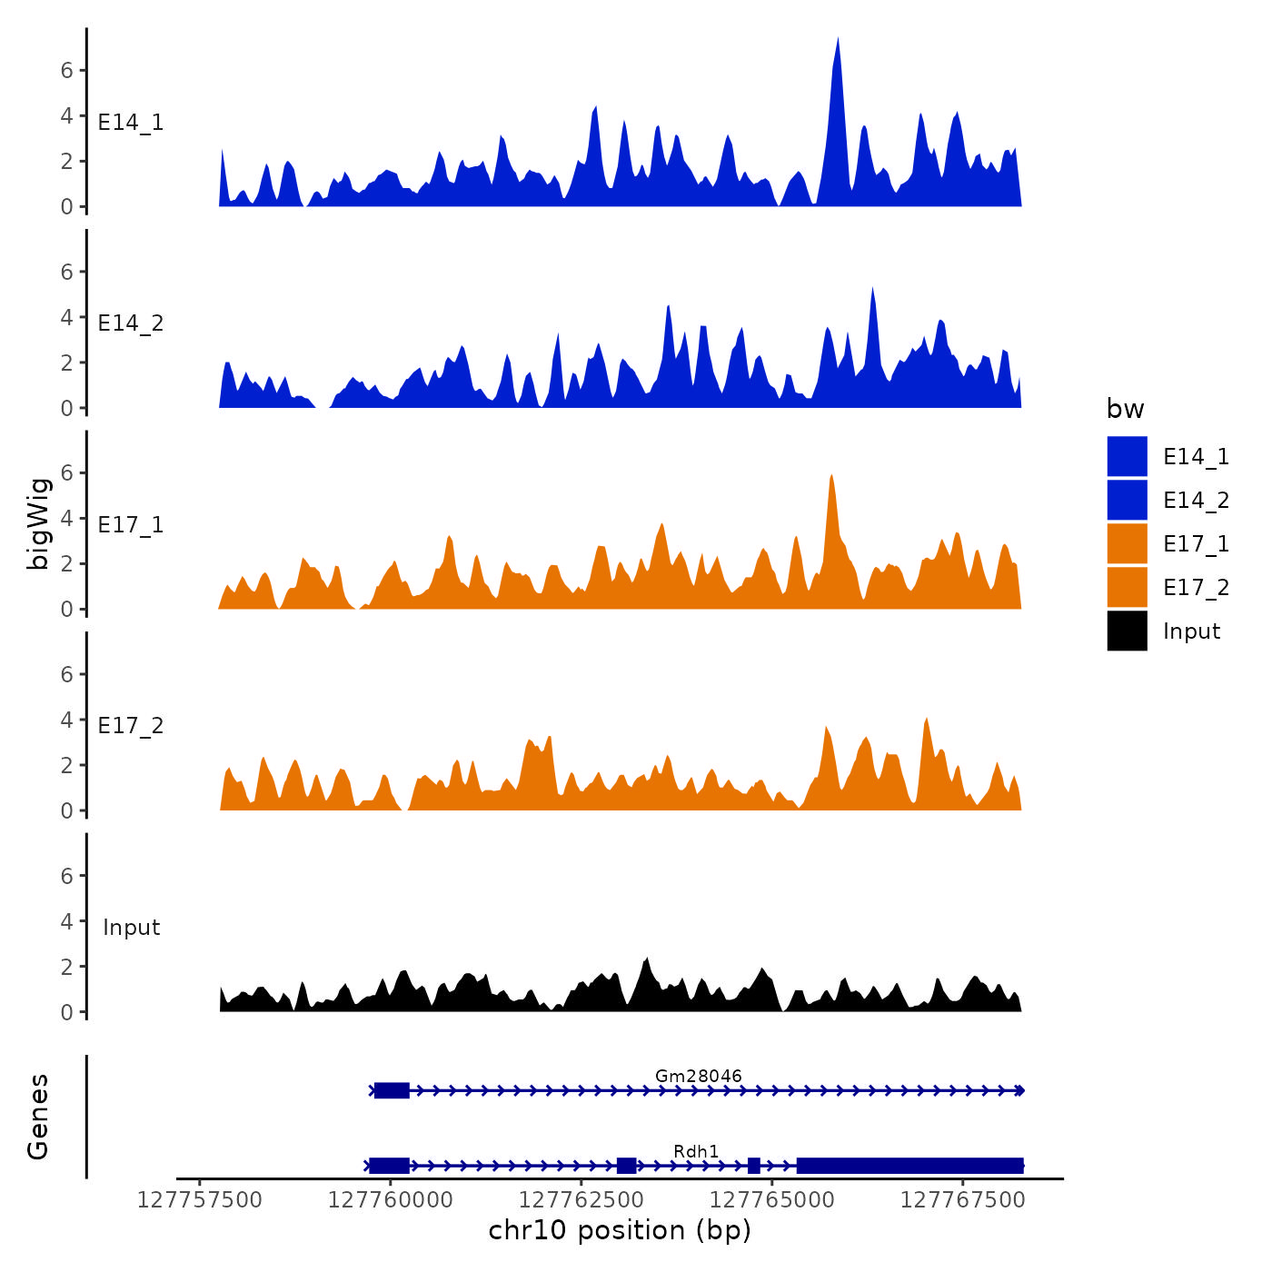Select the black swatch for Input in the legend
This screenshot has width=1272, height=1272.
[1127, 631]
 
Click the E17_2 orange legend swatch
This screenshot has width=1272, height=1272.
[1127, 588]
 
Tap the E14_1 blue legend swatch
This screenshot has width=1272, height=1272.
[1127, 456]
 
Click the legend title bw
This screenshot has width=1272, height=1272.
[1125, 409]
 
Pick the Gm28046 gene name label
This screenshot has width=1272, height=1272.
[698, 1076]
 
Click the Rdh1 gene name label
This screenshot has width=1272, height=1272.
[696, 1151]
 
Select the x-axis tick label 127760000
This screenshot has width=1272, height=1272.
[391, 1200]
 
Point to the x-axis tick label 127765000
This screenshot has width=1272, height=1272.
[771, 1200]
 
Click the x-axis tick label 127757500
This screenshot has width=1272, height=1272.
[200, 1200]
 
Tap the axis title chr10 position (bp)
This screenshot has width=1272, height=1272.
[620, 1230]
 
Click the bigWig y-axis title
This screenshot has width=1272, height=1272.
[38, 524]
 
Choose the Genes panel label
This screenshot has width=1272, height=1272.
[38, 1117]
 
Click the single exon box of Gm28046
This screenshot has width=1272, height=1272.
[392, 1090]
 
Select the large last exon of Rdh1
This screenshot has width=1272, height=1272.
[909, 1166]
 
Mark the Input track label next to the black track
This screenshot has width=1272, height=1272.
[131, 928]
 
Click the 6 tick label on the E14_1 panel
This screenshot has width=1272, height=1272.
[67, 70]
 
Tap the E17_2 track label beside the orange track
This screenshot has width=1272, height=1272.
[131, 726]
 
